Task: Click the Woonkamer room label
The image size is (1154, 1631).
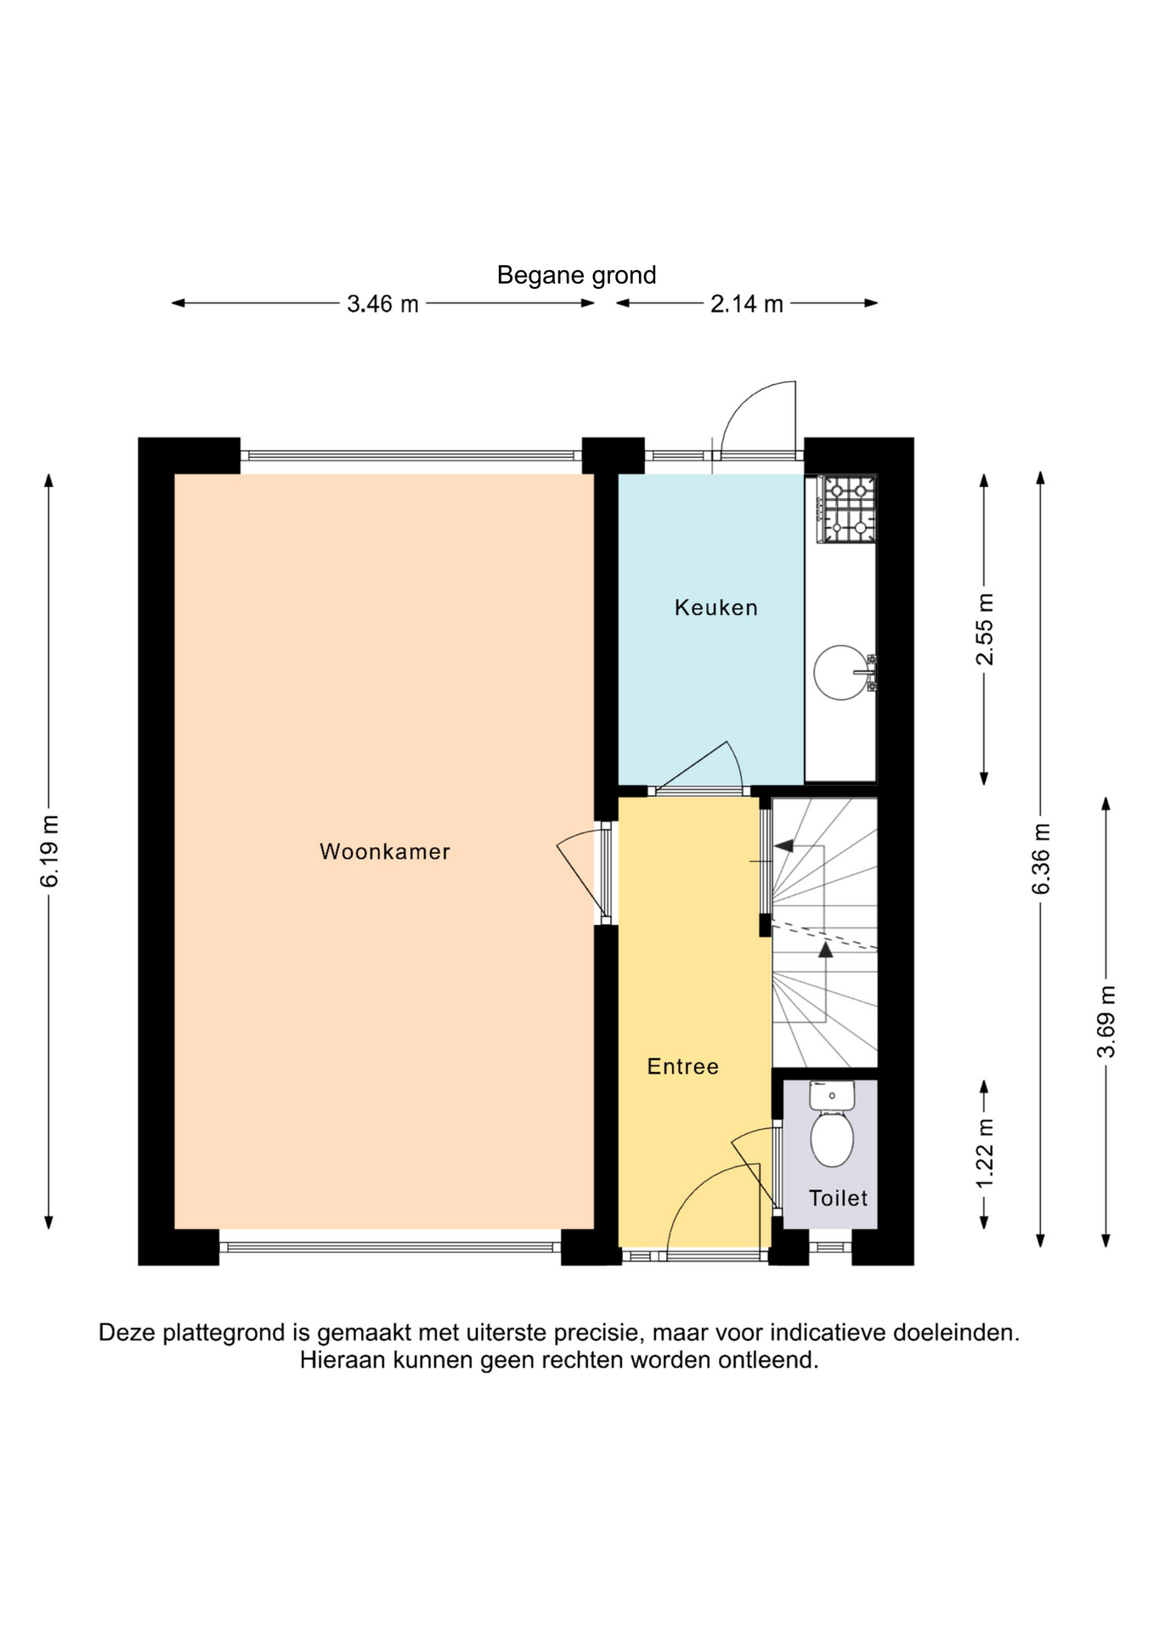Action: (x=384, y=851)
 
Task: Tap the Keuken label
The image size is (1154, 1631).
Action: (x=716, y=607)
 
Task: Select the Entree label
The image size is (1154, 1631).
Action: (x=682, y=1066)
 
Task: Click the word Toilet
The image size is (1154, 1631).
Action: (x=838, y=1198)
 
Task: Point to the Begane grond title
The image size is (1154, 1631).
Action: (x=576, y=275)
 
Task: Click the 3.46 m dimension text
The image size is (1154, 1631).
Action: (x=382, y=304)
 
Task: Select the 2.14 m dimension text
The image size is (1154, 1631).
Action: (x=746, y=304)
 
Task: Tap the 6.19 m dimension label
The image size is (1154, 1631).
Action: (x=50, y=851)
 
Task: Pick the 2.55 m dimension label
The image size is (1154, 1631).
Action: (x=984, y=629)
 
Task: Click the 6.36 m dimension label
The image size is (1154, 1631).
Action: (x=1041, y=859)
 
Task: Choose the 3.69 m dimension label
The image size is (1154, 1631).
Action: (x=1106, y=1022)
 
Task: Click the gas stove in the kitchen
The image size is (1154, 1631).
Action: (x=846, y=509)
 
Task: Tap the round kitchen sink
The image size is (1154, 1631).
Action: (x=842, y=673)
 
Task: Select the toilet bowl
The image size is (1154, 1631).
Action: (x=832, y=1138)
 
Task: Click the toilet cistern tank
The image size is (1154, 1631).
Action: (x=832, y=1095)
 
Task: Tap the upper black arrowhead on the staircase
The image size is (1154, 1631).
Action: (x=783, y=846)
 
